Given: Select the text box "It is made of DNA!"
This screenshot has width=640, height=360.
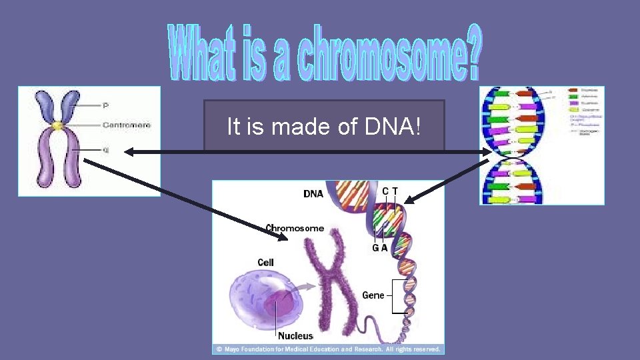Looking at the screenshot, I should pos(324,126).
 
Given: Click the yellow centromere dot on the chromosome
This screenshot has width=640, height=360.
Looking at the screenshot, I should pos(58,125).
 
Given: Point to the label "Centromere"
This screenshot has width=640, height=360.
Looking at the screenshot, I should pos(127,125).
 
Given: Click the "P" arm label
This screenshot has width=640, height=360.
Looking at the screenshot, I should pos(105,105).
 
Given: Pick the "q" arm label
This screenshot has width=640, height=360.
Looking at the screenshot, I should pos(105,149).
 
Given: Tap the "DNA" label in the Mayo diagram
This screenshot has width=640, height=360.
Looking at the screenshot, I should pos(313,195).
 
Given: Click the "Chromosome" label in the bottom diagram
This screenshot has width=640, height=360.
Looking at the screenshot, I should pos(295,228).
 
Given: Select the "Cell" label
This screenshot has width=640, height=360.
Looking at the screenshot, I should pos(265,263).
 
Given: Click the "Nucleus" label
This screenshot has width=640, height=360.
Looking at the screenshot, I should pos(295,335).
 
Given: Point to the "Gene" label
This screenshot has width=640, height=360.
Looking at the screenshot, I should pos(373,295).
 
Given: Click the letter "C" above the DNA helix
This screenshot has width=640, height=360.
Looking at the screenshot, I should pos(385,191).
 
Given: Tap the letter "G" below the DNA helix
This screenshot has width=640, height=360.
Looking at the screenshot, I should pos(376,248).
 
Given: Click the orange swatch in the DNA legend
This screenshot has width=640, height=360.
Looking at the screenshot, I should pos(573,90).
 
